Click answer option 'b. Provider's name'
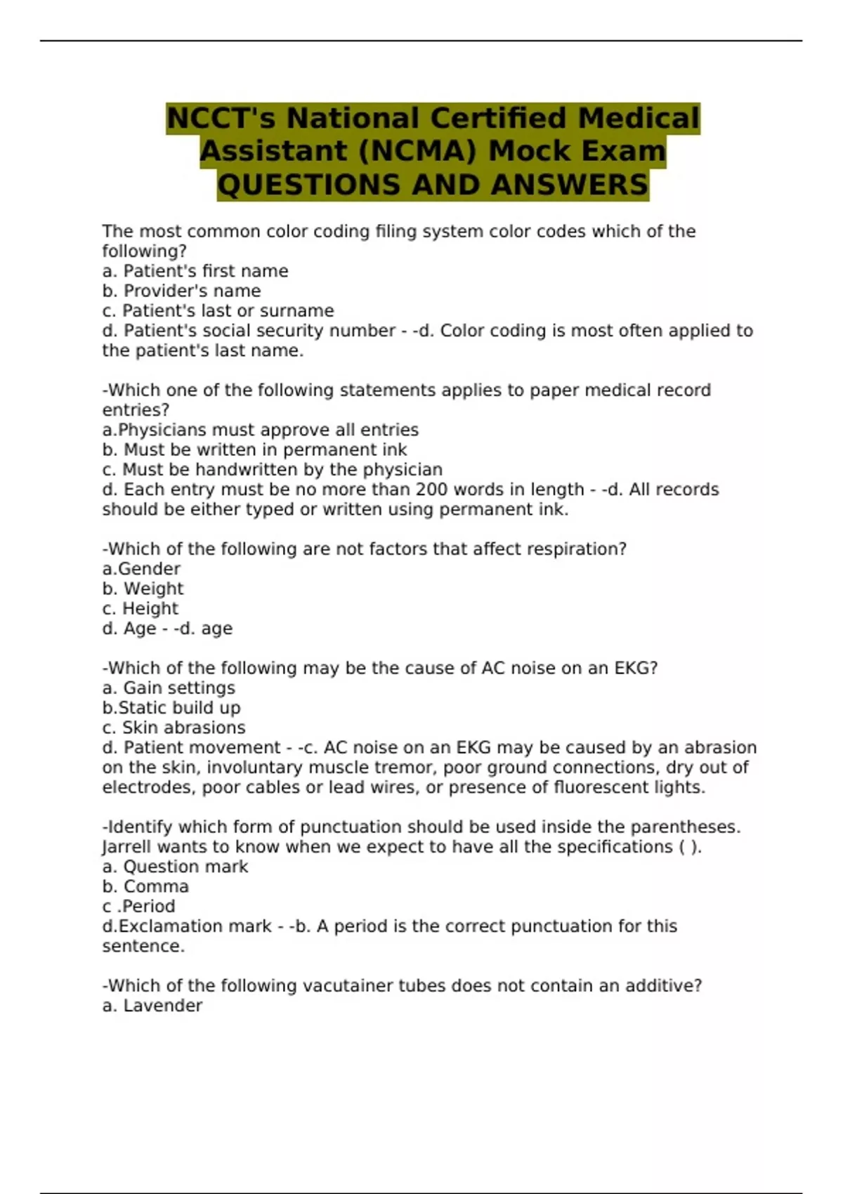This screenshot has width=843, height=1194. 181,291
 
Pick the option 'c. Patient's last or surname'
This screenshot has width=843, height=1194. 218,310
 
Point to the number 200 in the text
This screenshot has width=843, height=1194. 432,490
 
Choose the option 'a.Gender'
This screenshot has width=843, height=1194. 141,569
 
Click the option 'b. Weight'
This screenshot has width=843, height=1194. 143,589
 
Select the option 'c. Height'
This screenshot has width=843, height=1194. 140,608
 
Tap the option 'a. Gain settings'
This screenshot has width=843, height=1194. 169,688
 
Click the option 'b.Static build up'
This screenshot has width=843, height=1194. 171,707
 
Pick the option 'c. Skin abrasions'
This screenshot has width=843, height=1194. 174,728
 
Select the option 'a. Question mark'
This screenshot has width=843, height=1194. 175,867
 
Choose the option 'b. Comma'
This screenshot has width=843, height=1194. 145,886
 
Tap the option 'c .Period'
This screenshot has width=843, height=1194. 138,906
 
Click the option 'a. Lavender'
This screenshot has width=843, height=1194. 152,1006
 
